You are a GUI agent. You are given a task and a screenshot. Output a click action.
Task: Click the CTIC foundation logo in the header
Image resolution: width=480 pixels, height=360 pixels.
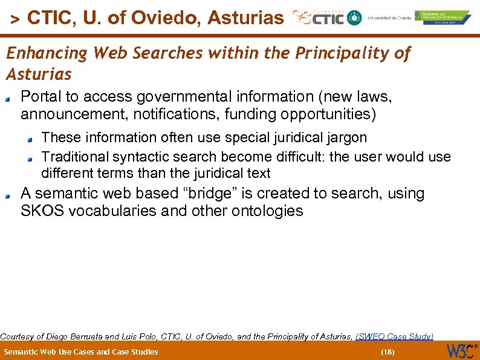318,18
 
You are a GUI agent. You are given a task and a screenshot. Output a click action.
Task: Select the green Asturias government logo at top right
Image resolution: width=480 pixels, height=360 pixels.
444,18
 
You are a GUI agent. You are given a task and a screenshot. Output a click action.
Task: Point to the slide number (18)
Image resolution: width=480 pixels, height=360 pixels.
388,352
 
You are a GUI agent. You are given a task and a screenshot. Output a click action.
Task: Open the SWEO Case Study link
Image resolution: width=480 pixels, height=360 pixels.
394,336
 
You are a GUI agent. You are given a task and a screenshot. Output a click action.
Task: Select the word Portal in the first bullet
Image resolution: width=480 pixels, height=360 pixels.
37,97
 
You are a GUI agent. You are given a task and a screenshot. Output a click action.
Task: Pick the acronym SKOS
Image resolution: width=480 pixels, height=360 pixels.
39,211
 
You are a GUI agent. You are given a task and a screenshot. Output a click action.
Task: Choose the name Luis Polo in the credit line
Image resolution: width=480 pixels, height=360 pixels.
138,336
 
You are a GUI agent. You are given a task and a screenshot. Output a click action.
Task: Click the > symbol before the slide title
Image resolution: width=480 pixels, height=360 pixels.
16,19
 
